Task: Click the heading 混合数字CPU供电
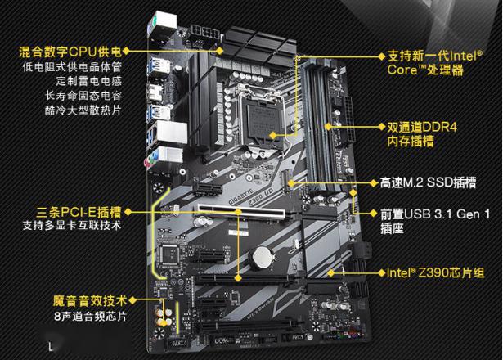coord(70,52)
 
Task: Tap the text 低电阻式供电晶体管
coord(73,67)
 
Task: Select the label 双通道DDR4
coord(422,128)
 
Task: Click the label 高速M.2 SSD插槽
coord(428,183)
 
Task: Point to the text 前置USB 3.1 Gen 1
coord(435,214)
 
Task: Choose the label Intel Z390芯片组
coord(435,272)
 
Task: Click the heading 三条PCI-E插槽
coord(79,212)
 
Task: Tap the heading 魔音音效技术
coord(90,301)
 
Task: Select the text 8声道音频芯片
coord(90,317)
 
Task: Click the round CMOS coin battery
coord(263,258)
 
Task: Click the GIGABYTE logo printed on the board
coord(240,196)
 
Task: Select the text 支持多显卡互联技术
coord(72,225)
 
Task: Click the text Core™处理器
coord(425,70)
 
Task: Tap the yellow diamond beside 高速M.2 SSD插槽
coord(374,183)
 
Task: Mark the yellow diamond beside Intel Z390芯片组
coord(381,273)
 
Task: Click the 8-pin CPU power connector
coord(205,32)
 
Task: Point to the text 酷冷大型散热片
coord(83,110)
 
